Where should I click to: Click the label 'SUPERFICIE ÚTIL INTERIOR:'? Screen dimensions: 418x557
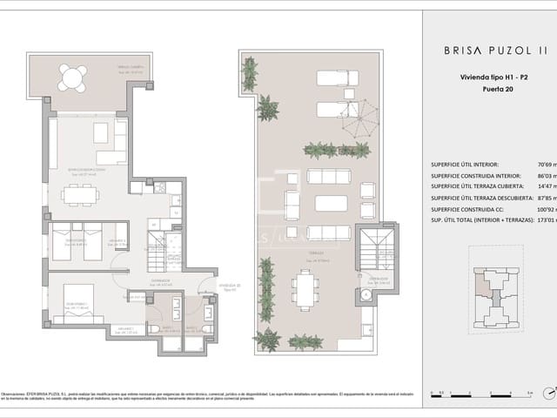[465, 164]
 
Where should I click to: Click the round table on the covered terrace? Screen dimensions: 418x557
[71, 78]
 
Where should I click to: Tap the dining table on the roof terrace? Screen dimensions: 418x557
[305, 288]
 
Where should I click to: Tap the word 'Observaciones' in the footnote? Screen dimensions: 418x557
[17, 394]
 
